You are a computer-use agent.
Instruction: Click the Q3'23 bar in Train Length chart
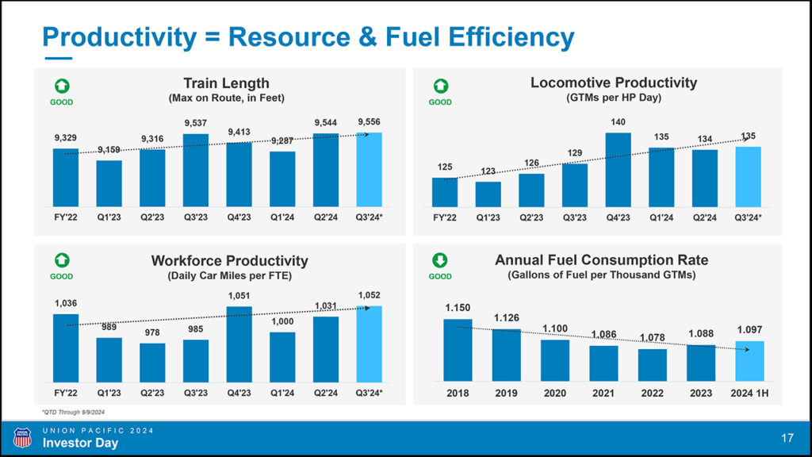pyautogui.click(x=196, y=170)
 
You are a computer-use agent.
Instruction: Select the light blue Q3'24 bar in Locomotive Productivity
pyautogui.click(x=749, y=176)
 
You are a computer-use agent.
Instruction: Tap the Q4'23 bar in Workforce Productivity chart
pyautogui.click(x=239, y=345)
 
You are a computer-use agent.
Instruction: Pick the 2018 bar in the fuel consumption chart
pyautogui.click(x=458, y=350)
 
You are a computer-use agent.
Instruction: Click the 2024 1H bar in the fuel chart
pyautogui.click(x=750, y=361)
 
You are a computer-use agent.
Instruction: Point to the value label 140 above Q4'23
pyautogui.click(x=619, y=123)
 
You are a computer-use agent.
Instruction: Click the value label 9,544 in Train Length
pyautogui.click(x=326, y=123)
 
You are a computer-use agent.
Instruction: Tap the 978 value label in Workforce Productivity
pyautogui.click(x=152, y=333)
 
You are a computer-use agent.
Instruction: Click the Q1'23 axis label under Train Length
pyautogui.click(x=109, y=217)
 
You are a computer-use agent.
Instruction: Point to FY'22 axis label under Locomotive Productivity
pyautogui.click(x=445, y=217)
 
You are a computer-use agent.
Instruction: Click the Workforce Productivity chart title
pyautogui.click(x=229, y=260)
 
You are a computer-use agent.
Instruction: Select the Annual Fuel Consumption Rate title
pyautogui.click(x=601, y=260)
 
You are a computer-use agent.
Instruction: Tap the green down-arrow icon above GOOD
pyautogui.click(x=440, y=260)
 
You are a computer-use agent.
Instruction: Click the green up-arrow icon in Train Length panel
pyautogui.click(x=61, y=86)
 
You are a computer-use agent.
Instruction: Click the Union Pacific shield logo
pyautogui.click(x=22, y=437)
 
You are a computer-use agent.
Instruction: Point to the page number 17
pyautogui.click(x=787, y=438)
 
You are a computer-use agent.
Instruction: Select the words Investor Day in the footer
pyautogui.click(x=80, y=444)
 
